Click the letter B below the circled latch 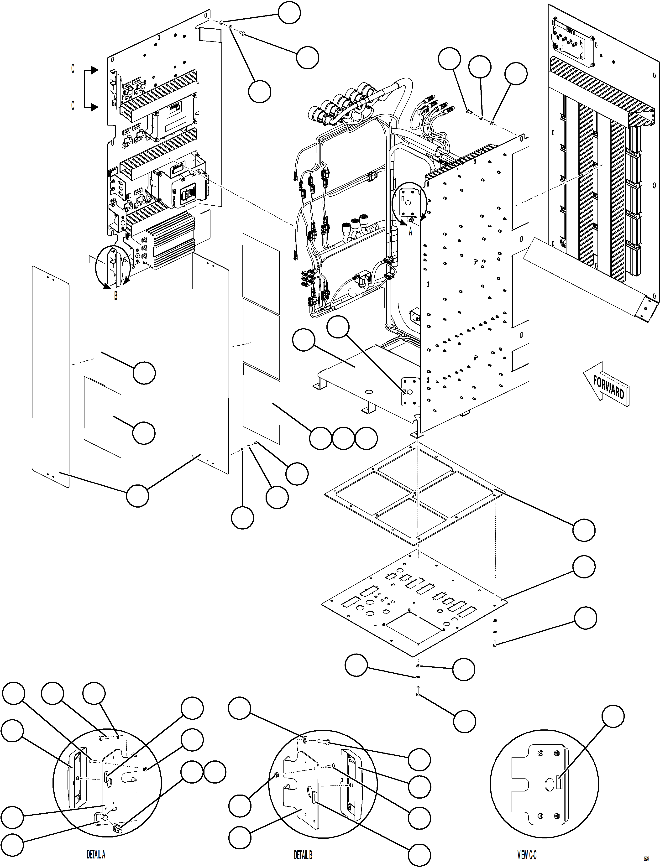(x=115, y=296)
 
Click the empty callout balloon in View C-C (x=613, y=716)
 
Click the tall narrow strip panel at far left (x=50, y=377)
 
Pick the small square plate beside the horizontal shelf (x=410, y=392)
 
